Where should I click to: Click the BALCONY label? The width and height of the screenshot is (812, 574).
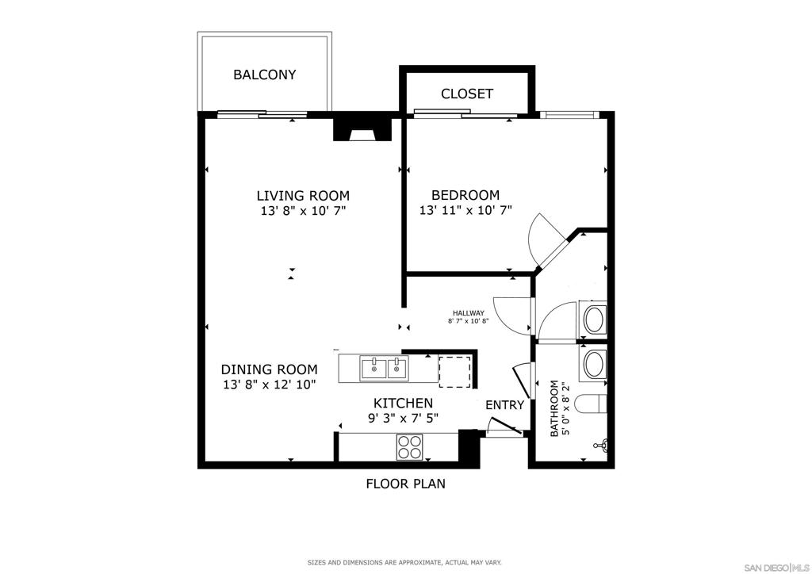point(265,75)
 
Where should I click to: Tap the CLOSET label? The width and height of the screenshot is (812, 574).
point(466,94)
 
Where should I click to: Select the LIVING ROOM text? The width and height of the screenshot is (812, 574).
point(303,196)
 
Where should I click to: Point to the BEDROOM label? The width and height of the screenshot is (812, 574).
point(465,195)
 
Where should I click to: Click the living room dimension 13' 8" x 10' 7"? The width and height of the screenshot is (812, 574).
point(303,211)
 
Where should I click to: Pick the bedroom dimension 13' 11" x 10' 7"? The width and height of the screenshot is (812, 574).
point(465,210)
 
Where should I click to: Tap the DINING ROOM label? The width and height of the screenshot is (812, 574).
point(270,369)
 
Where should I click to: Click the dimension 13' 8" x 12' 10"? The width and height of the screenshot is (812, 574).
point(270,385)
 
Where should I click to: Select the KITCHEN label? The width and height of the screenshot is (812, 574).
point(404,404)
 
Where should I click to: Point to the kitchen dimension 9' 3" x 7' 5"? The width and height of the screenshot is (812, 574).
point(404,418)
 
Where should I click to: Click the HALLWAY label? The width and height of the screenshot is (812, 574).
point(468,313)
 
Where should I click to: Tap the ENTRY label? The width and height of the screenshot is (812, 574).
point(504,405)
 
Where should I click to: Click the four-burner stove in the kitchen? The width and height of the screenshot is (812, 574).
point(410,446)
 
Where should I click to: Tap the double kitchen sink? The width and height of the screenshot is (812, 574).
point(384,369)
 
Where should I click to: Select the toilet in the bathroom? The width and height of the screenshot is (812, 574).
point(591,404)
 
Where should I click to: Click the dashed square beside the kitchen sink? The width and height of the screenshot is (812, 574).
point(454,372)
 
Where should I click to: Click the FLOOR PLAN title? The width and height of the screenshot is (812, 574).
point(405,484)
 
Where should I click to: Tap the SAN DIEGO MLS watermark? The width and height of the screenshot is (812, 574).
point(776,567)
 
